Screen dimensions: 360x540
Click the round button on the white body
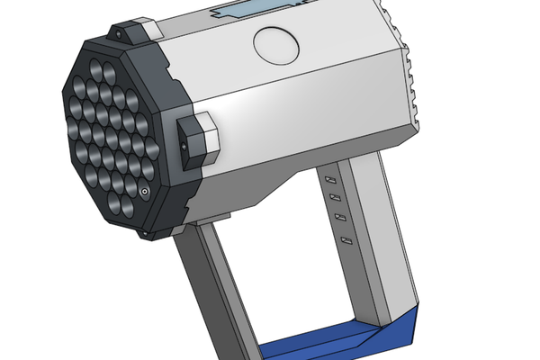[275, 42]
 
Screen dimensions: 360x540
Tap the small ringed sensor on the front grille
[144, 191]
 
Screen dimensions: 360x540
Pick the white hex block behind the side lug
[208, 136]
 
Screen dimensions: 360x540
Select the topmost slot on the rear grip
[329, 180]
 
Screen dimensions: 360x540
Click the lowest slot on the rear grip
[345, 239]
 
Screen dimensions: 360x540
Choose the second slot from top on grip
[334, 198]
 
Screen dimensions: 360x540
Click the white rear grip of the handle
[378, 243]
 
